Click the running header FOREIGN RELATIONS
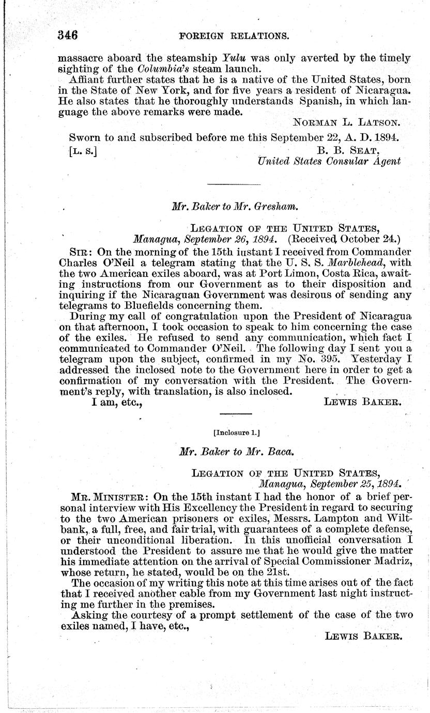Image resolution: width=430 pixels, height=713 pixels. (234, 36)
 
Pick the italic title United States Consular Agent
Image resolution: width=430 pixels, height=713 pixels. (329, 161)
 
